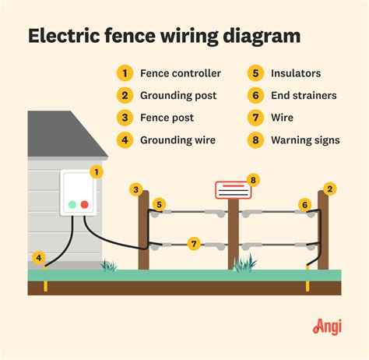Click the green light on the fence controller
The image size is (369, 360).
tap(72, 205)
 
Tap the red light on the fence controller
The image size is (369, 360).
tap(84, 205)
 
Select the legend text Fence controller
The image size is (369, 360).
tap(181, 73)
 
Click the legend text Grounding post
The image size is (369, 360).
tap(179, 96)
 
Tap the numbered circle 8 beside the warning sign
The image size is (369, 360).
tap(251, 180)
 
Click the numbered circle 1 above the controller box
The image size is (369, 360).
tap(97, 171)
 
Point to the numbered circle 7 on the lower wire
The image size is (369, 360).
tap(195, 244)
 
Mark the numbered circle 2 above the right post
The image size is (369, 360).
tap(329, 189)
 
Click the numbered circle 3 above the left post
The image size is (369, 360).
tap(135, 189)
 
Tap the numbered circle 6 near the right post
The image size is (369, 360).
tap(304, 205)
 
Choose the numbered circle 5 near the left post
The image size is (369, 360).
tap(159, 205)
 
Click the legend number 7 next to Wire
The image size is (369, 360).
tap(254, 118)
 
